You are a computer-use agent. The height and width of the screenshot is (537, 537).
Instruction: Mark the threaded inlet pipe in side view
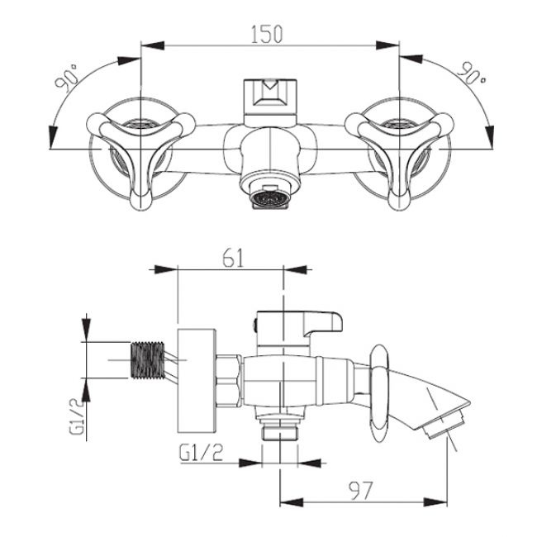tap(149, 361)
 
